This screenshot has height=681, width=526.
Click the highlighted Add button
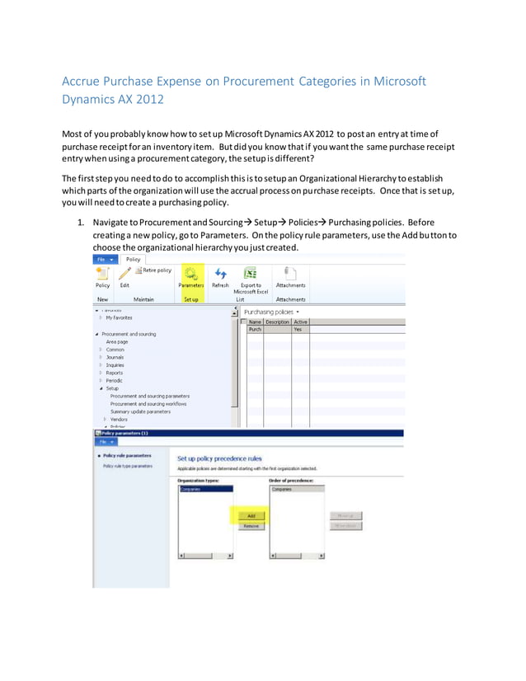251,515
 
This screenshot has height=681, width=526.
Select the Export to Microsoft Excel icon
250,274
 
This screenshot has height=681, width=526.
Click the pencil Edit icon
124,274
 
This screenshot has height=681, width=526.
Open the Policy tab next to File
134,258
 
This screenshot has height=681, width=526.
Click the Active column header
301,322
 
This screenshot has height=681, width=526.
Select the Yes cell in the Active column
298,329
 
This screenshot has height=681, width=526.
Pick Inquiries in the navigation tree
115,364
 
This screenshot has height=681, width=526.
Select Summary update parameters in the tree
140,411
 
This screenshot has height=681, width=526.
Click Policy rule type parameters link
128,466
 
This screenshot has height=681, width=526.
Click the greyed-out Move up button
346,515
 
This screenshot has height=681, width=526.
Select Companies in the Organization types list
190,489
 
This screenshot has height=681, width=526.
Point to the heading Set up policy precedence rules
219,458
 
